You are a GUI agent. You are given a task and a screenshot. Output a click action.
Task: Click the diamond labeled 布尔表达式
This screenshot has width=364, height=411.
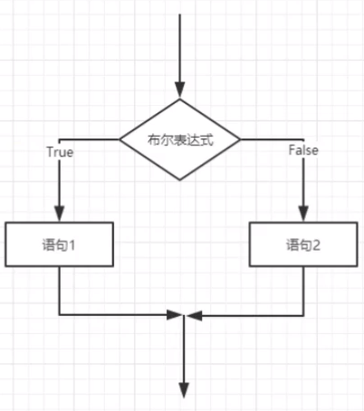point(181,139)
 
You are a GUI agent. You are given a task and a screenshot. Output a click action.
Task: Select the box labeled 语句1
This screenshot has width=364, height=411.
point(60,245)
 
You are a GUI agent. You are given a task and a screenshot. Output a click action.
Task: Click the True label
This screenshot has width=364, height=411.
point(60,152)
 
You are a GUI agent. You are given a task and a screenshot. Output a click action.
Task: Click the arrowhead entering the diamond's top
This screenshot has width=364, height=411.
point(181,89)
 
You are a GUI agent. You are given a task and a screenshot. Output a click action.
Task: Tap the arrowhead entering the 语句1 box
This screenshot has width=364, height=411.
point(60,215)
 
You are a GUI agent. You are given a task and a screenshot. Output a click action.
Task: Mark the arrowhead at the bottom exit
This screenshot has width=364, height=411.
point(183,390)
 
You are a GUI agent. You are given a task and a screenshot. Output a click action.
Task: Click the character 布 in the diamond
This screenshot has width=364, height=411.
point(151,139)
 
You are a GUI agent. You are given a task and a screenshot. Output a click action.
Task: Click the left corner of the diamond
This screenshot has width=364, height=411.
point(121,139)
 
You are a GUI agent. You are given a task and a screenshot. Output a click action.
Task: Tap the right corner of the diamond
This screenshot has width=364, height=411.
point(242,139)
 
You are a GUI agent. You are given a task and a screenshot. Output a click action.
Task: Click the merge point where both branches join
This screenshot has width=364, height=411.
point(183,315)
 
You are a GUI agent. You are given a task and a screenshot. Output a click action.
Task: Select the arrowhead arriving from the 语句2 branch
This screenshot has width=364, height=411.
point(194,315)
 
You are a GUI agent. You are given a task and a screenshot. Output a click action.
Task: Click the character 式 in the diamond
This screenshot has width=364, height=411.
point(211,139)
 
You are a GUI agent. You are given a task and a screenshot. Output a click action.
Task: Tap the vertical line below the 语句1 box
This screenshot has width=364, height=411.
point(60,292)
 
